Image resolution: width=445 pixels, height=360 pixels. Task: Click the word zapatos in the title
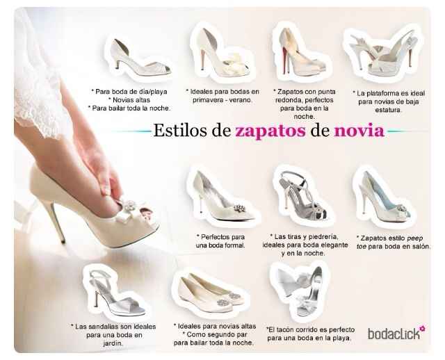click(x=267, y=131)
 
